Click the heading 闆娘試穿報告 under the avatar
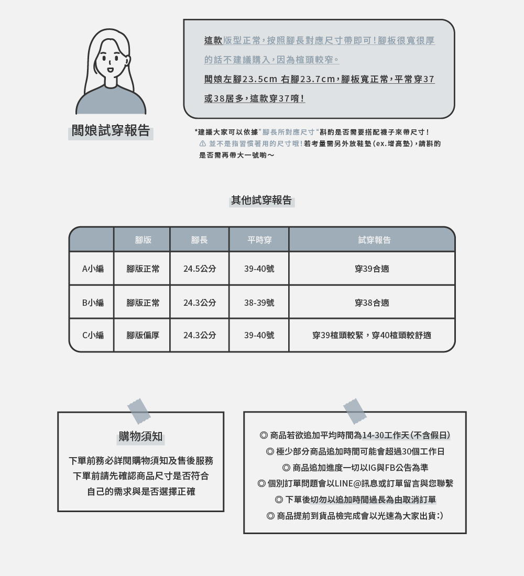coord(111,131)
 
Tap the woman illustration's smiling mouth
coord(110,69)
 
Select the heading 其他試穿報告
coord(261,200)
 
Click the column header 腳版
coord(143,240)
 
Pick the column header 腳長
coord(199,240)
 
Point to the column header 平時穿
coord(259,240)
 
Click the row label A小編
coord(93,269)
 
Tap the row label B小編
coord(93,303)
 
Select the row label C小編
coord(93,335)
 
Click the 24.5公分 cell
coord(199,269)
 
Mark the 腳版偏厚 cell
coord(143,335)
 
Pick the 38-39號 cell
coord(259,303)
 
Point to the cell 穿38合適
coord(372,303)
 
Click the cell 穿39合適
coord(372,269)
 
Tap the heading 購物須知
coord(140,437)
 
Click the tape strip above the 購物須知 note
coord(139,412)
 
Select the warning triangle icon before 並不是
coord(202,143)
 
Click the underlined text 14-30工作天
coord(386,435)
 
